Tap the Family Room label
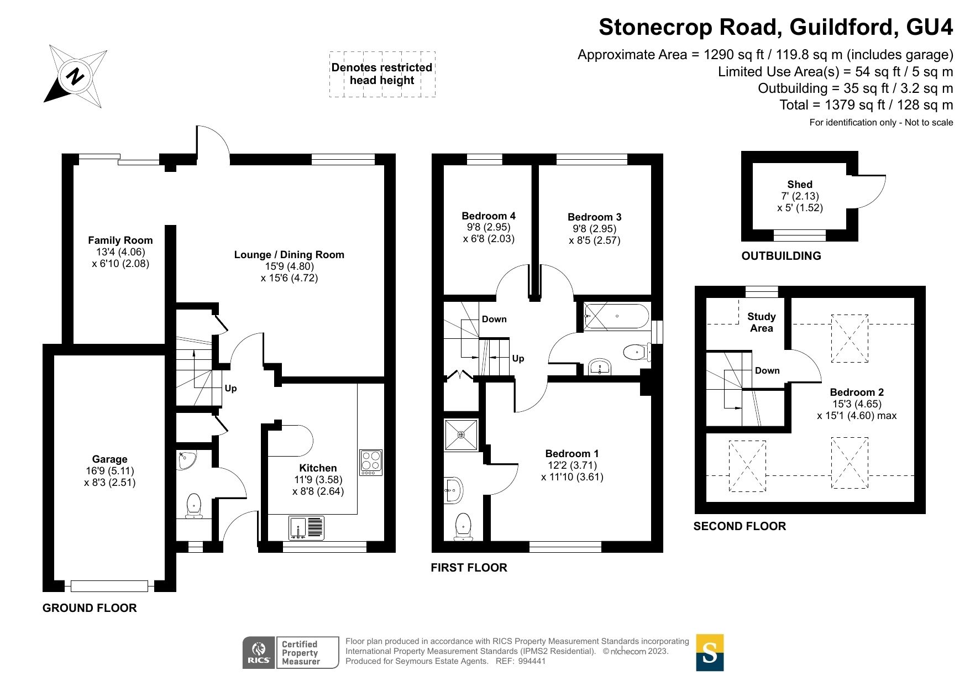[120, 240]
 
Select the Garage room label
[109, 459]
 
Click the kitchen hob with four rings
[371, 463]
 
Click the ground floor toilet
[193, 505]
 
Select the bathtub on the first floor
[616, 317]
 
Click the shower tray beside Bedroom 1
[461, 435]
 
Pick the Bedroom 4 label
[489, 216]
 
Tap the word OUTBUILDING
[781, 255]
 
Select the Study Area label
[761, 322]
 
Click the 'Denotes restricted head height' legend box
[382, 74]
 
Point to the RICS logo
[259, 653]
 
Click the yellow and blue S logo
[710, 652]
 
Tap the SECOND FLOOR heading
[740, 526]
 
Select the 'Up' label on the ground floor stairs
[230, 388]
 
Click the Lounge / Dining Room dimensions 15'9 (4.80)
[289, 266]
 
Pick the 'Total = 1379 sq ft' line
[866, 104]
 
